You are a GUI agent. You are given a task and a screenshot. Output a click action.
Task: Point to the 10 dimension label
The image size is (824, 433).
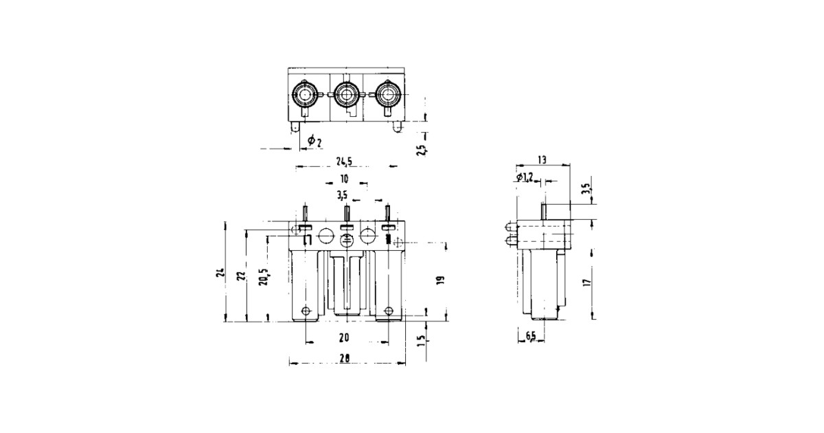tap(345, 179)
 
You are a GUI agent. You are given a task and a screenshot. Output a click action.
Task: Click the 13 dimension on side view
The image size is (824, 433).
tap(542, 159)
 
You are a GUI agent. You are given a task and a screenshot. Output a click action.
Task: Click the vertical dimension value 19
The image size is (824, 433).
tap(440, 280)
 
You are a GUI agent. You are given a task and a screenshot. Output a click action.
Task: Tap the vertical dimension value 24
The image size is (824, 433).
tap(218, 273)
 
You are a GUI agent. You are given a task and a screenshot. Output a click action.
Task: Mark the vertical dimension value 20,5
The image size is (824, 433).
tap(264, 278)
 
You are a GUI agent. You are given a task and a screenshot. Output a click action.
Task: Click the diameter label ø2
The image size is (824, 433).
tap(315, 141)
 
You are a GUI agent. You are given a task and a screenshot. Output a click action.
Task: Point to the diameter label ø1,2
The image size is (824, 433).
tap(524, 178)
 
